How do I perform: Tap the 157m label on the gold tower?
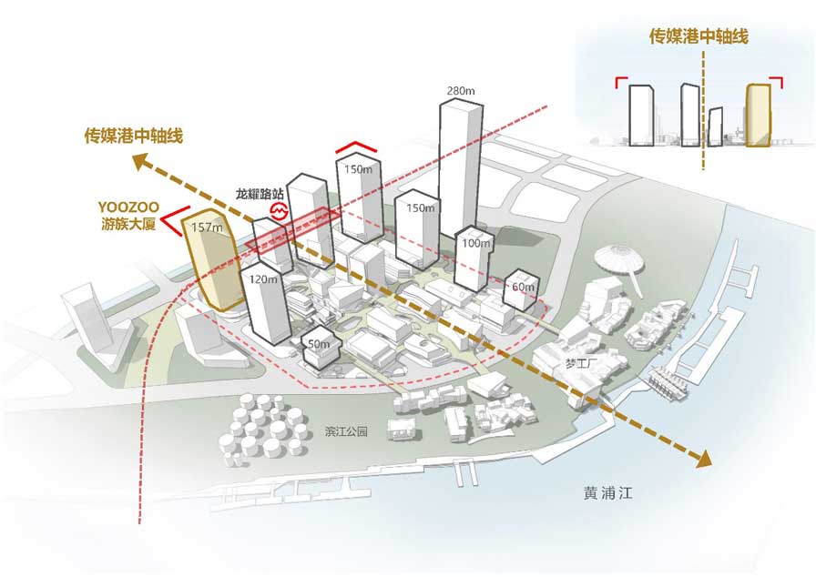(208, 228)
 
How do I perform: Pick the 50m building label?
(319, 344)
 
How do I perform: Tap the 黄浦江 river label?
(607, 494)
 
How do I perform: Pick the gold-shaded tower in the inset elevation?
(759, 115)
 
